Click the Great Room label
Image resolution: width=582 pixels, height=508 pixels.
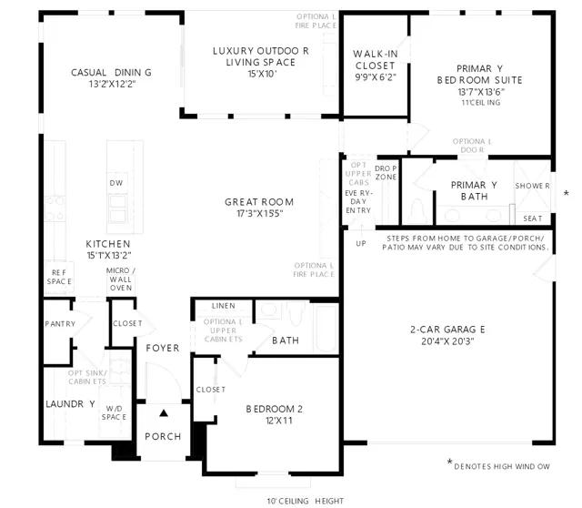coord(259,202)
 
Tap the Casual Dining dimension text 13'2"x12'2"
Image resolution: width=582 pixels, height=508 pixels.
coord(112,85)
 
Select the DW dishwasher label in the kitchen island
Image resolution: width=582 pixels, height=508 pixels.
coord(116,183)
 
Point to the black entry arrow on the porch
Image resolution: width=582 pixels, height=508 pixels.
coord(164,413)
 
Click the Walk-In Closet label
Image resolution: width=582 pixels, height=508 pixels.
coord(376,60)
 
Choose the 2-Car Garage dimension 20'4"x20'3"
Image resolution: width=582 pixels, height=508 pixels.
coord(447,341)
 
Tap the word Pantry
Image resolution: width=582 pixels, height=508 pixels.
coord(60,324)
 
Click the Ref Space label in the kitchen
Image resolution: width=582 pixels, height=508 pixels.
coord(59,278)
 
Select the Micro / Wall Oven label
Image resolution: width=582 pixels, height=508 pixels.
coord(121,279)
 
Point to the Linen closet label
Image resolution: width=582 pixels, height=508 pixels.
coord(224,306)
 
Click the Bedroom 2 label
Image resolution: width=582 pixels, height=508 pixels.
coord(275,409)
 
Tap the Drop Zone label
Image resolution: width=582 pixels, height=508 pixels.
coord(386,173)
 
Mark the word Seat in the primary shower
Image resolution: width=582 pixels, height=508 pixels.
coord(533,218)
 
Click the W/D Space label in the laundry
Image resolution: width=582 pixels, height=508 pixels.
coord(114,413)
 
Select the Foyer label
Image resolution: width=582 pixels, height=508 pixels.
coord(163,348)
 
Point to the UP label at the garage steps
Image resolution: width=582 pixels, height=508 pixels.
coord(361,243)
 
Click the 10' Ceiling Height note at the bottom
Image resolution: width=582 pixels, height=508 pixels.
coord(306,501)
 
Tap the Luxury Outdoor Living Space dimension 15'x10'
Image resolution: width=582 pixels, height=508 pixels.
coord(263,74)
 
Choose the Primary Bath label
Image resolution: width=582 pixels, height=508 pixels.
coord(474,190)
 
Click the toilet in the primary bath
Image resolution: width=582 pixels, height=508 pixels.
coord(417,210)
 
